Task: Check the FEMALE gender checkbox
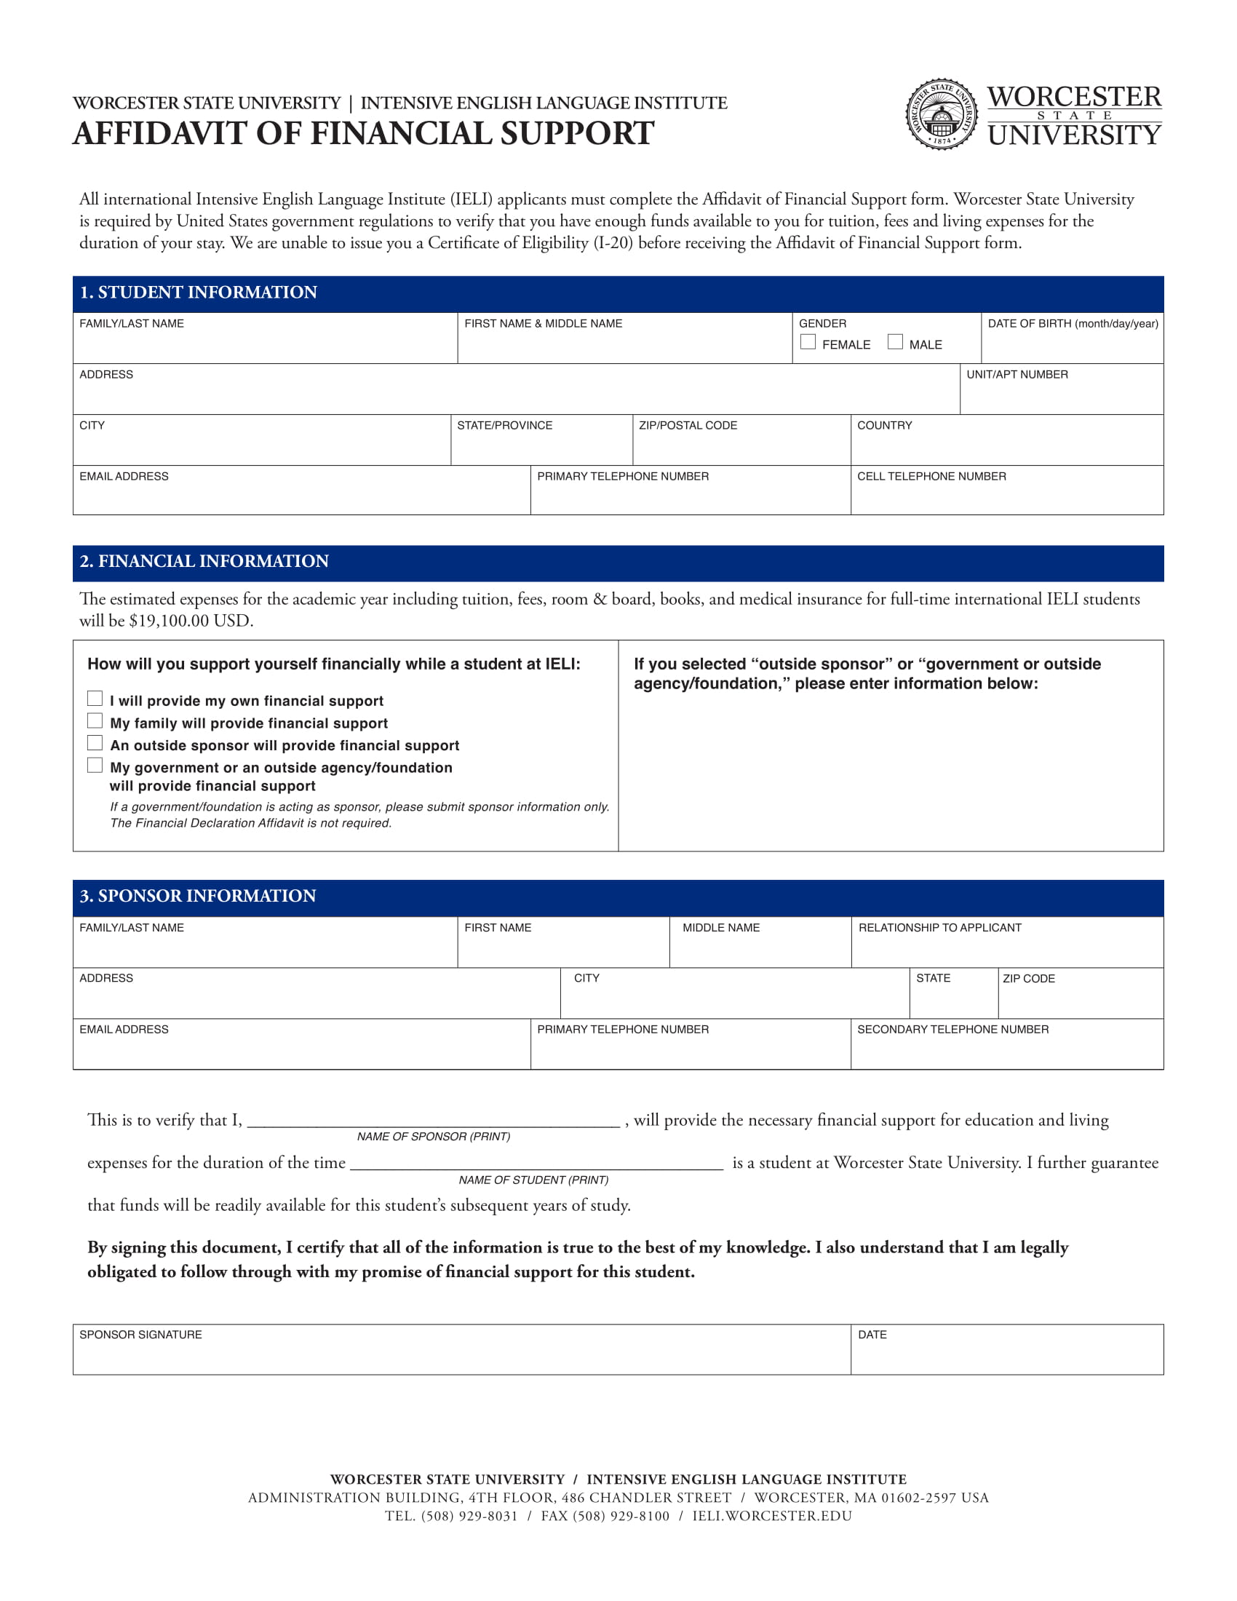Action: [808, 341]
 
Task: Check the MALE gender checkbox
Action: [895, 341]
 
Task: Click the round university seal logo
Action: [942, 114]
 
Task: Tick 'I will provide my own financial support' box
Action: [95, 698]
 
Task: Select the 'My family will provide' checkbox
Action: [95, 720]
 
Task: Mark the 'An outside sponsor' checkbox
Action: [95, 742]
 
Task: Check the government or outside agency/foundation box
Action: [95, 766]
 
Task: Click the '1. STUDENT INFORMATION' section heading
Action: [199, 293]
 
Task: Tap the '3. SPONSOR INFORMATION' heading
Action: [198, 896]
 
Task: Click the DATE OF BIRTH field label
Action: [1072, 323]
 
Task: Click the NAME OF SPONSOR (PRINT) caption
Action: [433, 1136]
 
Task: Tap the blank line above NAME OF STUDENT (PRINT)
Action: [536, 1164]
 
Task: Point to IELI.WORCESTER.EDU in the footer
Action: [771, 1516]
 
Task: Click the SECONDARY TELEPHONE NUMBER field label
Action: [952, 1029]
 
